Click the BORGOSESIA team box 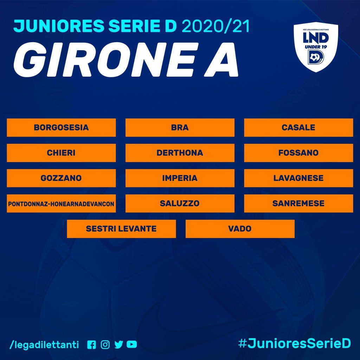coord(61,128)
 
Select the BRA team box coord(180,128)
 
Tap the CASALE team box coord(298,128)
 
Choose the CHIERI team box coord(61,153)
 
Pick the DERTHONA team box coord(180,153)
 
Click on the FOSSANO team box coord(298,153)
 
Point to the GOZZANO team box coord(61,178)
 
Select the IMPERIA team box coord(180,178)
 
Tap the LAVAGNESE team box coord(298,178)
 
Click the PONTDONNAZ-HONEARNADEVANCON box coord(61,204)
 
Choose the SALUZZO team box coord(180,204)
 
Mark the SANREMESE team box coord(298,204)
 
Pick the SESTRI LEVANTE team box coord(121,229)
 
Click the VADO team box coord(240,229)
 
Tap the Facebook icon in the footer coord(92,345)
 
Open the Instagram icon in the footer coord(105,345)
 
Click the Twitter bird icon coord(119,345)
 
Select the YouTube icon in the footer coord(132,345)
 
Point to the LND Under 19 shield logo coord(316,47)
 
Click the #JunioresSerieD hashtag coord(295,344)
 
